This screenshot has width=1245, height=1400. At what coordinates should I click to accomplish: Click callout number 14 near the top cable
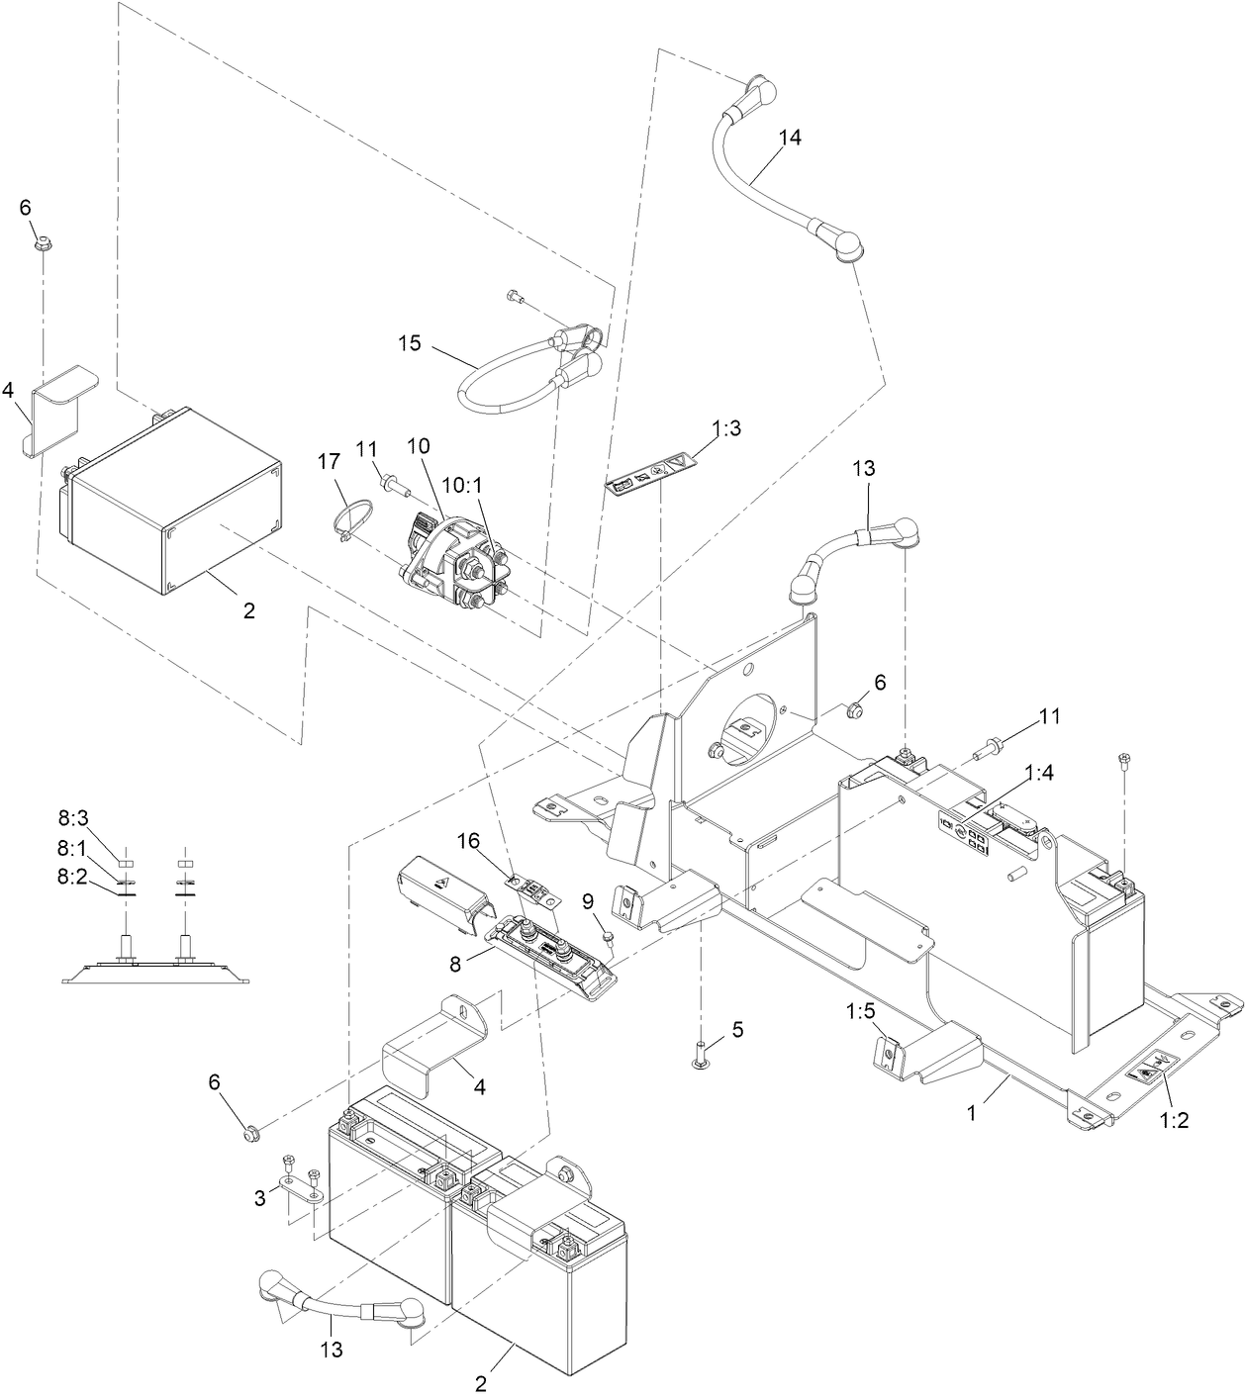tap(789, 138)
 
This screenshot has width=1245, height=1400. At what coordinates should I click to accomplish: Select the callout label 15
tap(410, 343)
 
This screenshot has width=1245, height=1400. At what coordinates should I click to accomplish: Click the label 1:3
tap(726, 428)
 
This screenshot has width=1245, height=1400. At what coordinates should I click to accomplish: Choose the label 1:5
tap(861, 1012)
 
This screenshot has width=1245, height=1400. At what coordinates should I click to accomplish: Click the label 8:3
tap(73, 816)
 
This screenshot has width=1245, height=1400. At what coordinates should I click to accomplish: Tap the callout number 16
tap(468, 840)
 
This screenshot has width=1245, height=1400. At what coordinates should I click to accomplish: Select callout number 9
tap(587, 901)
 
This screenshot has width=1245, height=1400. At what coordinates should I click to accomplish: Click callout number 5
tap(736, 1029)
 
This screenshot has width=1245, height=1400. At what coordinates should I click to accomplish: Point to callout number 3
tap(260, 1198)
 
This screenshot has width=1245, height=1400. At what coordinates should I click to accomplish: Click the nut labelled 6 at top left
tap(43, 242)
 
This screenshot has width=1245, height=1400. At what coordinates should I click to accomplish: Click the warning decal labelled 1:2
tap(1148, 1069)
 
